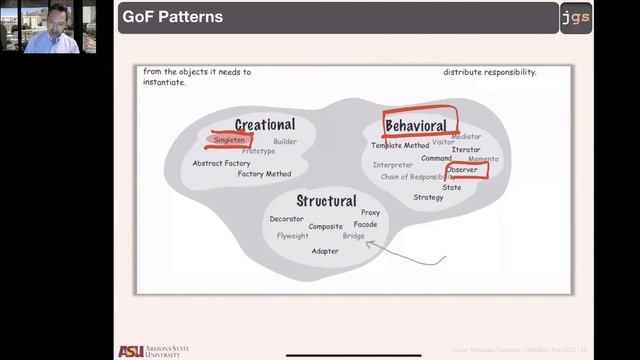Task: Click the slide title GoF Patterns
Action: point(172,18)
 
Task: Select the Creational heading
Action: point(265,125)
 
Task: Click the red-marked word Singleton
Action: point(229,141)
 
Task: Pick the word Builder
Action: point(285,142)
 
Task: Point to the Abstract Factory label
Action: point(221,163)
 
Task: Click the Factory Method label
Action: point(264,174)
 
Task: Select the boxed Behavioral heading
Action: point(416,126)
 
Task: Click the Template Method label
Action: point(400,146)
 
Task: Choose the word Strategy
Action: point(428,197)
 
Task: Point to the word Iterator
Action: point(466,149)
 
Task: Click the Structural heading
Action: point(326,201)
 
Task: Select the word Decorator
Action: point(286,219)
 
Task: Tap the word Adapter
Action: point(325,251)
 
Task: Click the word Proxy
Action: point(370,213)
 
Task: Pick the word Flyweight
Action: point(293,236)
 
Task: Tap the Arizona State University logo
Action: point(153,350)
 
